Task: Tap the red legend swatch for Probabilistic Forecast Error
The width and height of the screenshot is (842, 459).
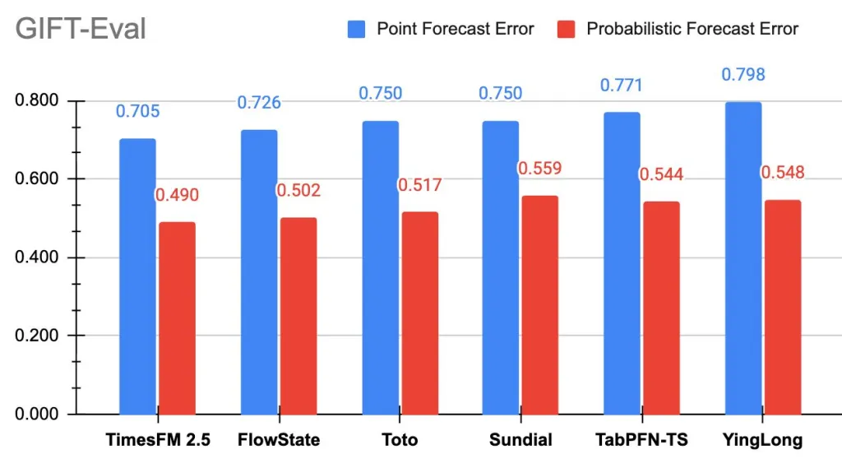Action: coord(566,30)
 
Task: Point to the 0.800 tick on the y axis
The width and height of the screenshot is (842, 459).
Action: coord(39,101)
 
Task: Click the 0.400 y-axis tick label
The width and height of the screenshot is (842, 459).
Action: coord(39,257)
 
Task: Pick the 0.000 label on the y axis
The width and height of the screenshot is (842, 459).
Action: coord(39,414)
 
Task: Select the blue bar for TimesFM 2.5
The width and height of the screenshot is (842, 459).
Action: coord(137,276)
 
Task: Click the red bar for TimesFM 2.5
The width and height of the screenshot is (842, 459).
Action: coord(177,318)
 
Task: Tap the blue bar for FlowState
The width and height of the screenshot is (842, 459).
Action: coord(259,272)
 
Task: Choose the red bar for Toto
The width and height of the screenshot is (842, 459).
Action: coord(419,313)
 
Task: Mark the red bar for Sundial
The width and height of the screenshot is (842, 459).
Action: coord(540,304)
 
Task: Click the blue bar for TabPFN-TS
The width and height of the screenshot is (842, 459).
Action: coord(622,263)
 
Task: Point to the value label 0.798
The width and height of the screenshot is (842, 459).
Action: coord(743,75)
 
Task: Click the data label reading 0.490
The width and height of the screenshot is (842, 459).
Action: coord(177,196)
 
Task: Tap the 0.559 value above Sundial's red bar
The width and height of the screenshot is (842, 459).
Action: coord(539,169)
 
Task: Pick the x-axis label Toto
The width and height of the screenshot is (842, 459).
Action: coord(400,439)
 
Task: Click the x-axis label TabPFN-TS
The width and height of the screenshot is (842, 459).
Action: coord(641,439)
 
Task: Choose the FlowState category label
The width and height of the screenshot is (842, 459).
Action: coord(279,439)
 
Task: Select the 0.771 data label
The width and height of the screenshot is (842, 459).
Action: coord(622,86)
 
